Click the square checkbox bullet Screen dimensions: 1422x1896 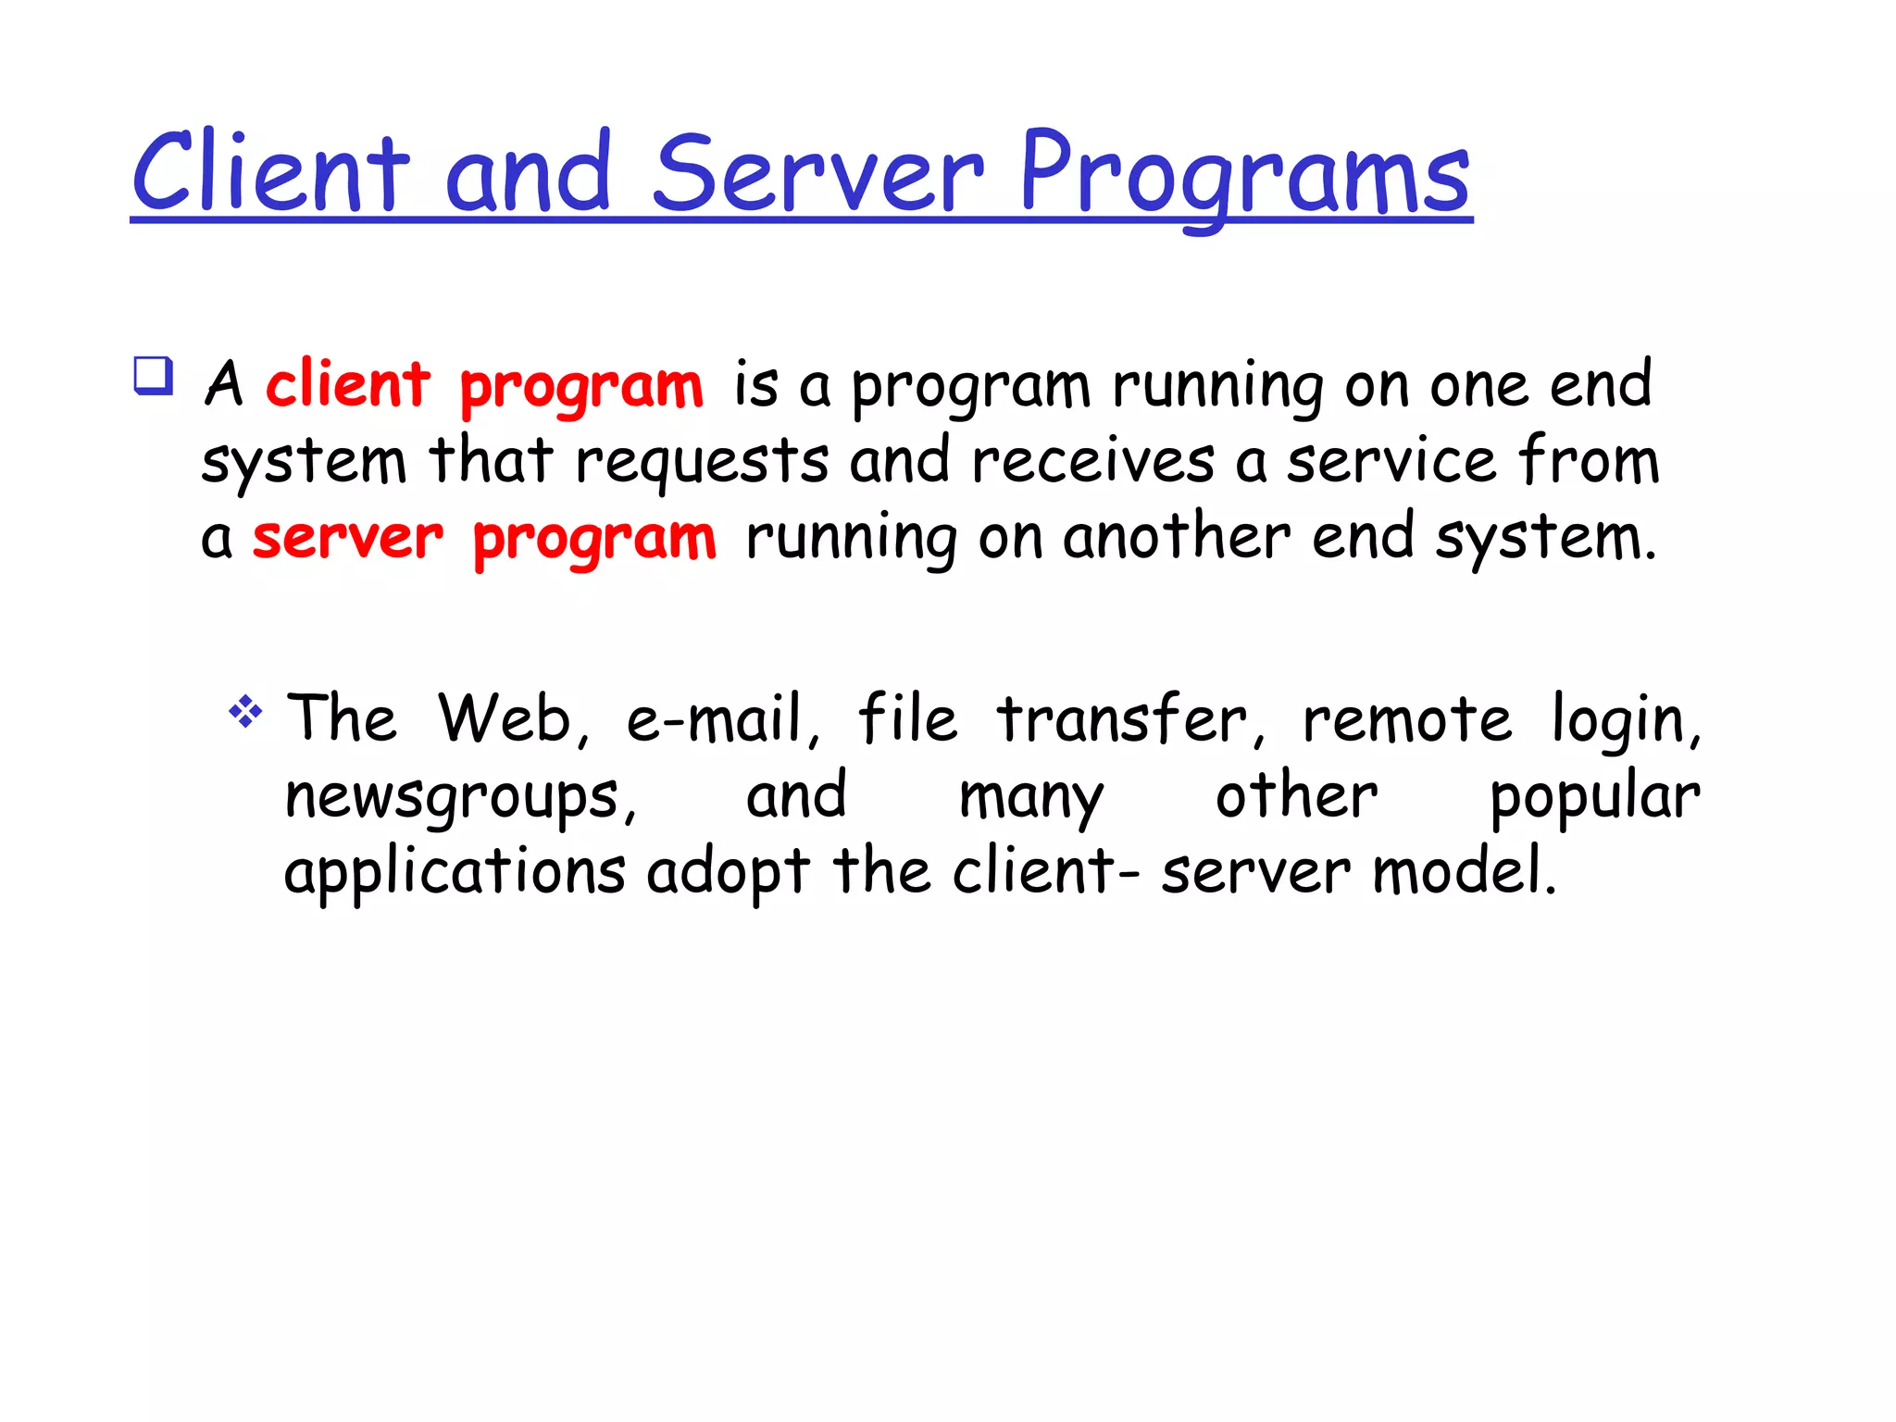coord(153,376)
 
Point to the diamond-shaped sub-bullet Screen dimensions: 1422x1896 coord(245,712)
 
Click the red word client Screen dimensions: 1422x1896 coord(348,383)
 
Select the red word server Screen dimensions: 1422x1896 coord(348,537)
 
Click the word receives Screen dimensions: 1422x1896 coord(1092,460)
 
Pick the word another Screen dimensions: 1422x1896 coord(1177,537)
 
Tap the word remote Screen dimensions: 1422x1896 coord(1406,718)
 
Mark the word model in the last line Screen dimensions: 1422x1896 coord(1464,871)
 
